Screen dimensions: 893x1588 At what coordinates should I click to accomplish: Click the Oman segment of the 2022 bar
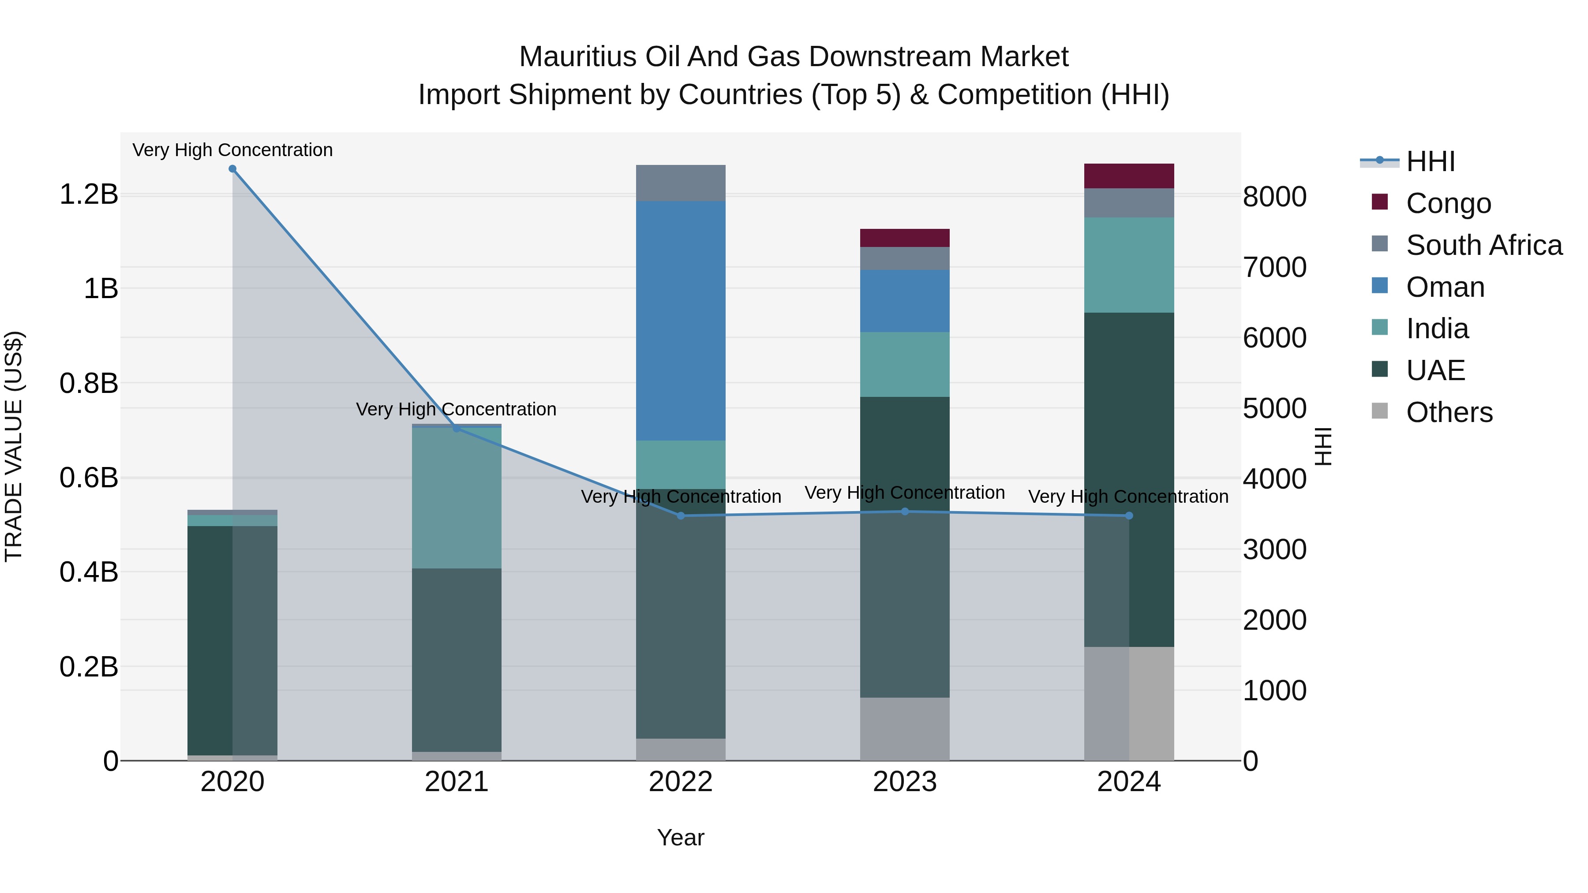[x=681, y=321]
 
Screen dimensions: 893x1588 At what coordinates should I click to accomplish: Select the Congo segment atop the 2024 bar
[x=1129, y=176]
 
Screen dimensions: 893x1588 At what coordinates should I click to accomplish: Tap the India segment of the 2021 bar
[x=456, y=498]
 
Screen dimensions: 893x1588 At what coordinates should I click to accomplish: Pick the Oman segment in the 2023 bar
[x=904, y=301]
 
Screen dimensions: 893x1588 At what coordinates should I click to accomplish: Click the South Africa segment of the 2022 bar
[x=681, y=183]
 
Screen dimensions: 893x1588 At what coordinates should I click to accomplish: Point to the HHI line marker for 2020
[x=232, y=169]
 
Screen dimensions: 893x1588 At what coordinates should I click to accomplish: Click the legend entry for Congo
[x=1448, y=203]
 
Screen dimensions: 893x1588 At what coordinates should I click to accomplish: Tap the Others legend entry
[x=1449, y=412]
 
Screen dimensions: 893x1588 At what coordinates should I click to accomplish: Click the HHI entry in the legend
[x=1430, y=161]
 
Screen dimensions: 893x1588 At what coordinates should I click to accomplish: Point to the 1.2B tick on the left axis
[x=89, y=195]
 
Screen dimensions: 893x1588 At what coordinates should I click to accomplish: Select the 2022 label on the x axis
[x=681, y=782]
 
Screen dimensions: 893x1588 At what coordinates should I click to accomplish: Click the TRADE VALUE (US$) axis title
[x=14, y=446]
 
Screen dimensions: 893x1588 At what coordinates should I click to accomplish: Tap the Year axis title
[x=681, y=837]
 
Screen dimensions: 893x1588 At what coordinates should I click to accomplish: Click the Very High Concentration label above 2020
[x=232, y=150]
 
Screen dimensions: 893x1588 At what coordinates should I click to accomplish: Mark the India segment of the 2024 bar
[x=1129, y=265]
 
